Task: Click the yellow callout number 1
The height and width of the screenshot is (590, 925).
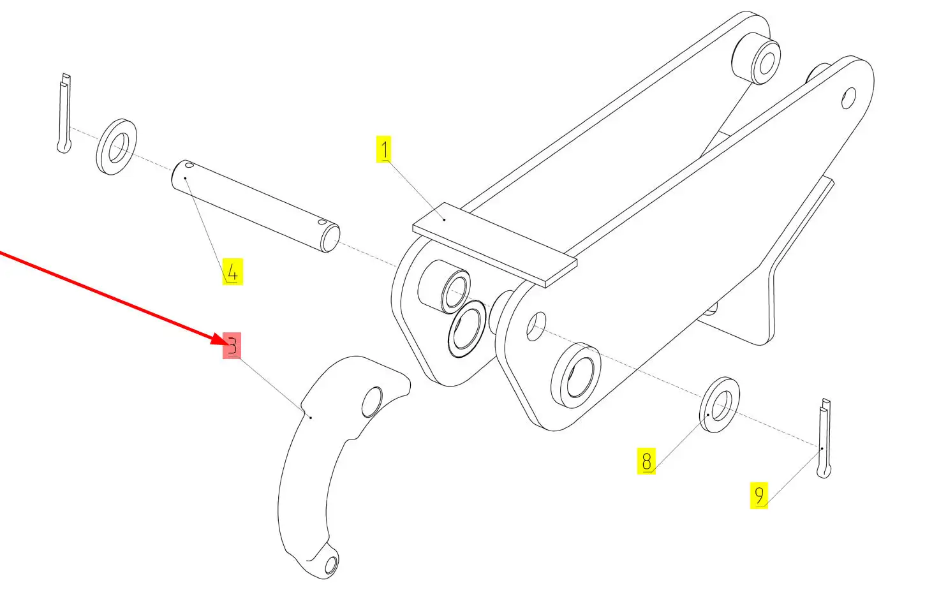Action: click(383, 149)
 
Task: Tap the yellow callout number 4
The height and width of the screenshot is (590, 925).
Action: click(232, 272)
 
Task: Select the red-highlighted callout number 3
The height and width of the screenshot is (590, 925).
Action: click(232, 346)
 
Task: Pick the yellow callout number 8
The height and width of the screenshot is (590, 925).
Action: click(646, 461)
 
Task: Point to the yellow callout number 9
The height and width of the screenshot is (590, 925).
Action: click(759, 495)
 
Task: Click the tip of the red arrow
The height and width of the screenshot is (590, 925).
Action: click(226, 344)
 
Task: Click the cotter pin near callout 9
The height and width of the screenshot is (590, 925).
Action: click(824, 438)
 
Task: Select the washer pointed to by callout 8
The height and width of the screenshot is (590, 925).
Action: click(720, 404)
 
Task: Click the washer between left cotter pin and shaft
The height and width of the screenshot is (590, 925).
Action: click(116, 147)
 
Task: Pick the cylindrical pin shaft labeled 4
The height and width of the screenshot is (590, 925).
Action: click(256, 205)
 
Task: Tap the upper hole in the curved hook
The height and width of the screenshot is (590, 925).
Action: click(372, 402)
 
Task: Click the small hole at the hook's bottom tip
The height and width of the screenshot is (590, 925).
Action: click(331, 565)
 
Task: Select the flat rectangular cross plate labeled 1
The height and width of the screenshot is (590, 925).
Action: click(494, 244)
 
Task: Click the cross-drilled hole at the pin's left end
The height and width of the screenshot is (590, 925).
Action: click(189, 165)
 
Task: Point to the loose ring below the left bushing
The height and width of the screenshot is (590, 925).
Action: click(466, 328)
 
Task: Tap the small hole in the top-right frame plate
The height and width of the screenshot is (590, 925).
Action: click(848, 98)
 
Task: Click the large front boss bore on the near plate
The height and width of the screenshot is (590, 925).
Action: click(580, 376)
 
